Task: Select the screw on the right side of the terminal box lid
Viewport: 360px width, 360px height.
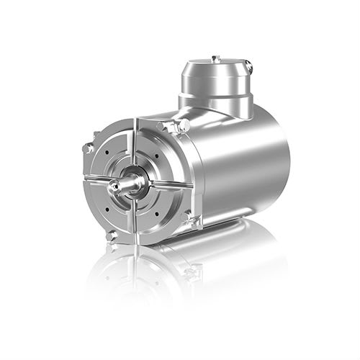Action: pos(248,66)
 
